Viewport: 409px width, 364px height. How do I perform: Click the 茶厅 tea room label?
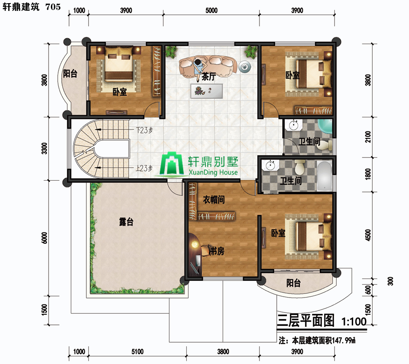(209, 76)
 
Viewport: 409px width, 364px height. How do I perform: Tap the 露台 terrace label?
(126, 222)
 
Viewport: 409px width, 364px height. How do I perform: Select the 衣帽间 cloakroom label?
(214, 200)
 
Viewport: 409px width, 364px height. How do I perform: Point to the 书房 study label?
(216, 251)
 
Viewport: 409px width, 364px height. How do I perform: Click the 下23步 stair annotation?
(144, 130)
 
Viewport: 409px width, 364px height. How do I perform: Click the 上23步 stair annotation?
(144, 168)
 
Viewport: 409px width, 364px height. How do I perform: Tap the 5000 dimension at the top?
(211, 10)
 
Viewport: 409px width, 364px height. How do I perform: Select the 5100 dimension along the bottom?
(137, 352)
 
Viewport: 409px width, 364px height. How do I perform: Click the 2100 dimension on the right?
(368, 137)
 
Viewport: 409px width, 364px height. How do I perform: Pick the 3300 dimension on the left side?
(45, 148)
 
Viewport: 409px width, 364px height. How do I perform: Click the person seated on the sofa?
(199, 67)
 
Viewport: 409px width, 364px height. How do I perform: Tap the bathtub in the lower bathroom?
(324, 176)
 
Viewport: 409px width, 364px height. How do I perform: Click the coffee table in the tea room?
(206, 91)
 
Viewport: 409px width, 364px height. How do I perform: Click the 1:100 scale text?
(354, 321)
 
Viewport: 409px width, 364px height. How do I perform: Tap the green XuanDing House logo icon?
(171, 163)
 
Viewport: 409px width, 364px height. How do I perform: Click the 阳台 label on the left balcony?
(70, 73)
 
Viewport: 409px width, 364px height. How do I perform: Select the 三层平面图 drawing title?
(305, 320)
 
